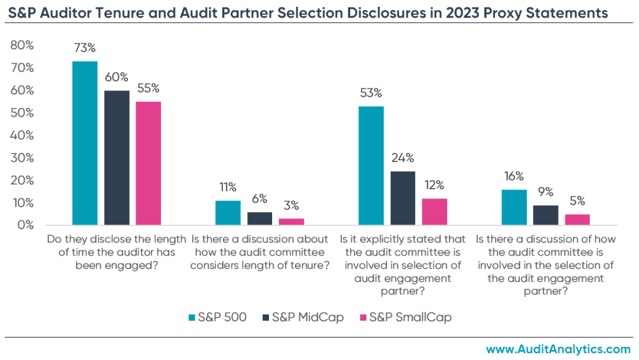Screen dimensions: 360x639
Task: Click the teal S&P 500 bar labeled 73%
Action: tap(85, 143)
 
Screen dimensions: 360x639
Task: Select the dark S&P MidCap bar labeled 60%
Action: tap(117, 157)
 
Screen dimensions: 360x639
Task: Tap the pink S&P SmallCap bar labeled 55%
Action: tap(148, 163)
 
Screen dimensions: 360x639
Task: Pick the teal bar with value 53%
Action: tap(371, 165)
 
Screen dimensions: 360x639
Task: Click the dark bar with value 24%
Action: tap(402, 198)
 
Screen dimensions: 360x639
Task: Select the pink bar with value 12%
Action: tap(434, 212)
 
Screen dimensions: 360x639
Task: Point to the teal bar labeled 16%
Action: tap(514, 207)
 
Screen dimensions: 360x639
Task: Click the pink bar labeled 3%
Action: tap(291, 221)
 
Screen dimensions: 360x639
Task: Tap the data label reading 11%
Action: tap(228, 187)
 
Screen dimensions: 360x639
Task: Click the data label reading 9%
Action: tap(545, 192)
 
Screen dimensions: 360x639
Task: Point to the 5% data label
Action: tap(577, 201)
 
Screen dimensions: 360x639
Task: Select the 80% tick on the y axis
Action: tap(22, 46)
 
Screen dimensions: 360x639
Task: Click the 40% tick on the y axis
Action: tap(22, 135)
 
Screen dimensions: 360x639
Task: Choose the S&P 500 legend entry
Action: tap(217, 317)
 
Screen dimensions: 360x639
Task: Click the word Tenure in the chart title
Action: tap(130, 12)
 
